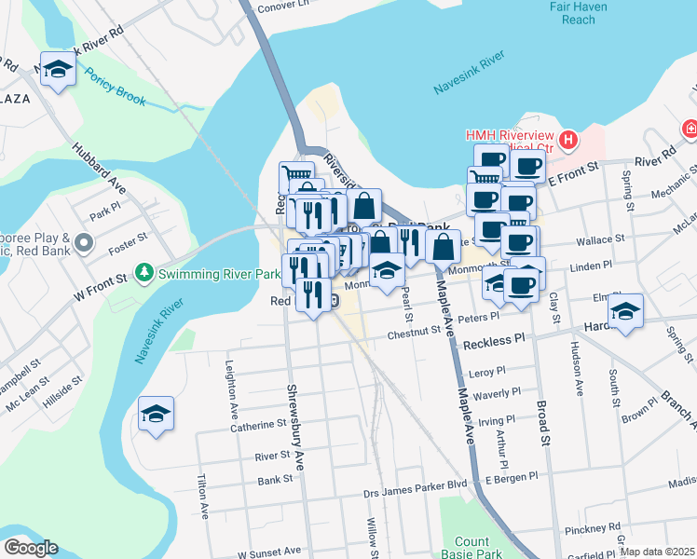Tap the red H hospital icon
pyautogui.click(x=568, y=142)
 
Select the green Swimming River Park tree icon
pyautogui.click(x=143, y=273)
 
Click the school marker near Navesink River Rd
pyautogui.click(x=58, y=71)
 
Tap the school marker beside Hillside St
pyautogui.click(x=156, y=415)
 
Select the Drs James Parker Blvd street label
pyautogui.click(x=415, y=484)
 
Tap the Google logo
pyautogui.click(x=31, y=548)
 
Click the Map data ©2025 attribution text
pyautogui.click(x=657, y=552)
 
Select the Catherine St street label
pyautogui.click(x=258, y=424)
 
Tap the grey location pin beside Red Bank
pyautogui.click(x=83, y=244)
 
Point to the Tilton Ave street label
pyautogui.click(x=202, y=497)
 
